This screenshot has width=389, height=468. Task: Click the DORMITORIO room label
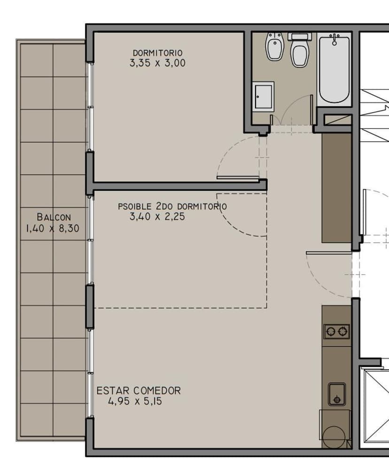(157, 53)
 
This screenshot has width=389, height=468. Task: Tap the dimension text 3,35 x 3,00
(157, 63)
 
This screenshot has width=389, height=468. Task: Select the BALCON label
(54, 217)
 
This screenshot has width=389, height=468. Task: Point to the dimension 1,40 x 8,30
(53, 229)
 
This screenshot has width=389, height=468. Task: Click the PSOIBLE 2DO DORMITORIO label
(172, 206)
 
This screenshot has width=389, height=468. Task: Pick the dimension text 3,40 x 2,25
(157, 217)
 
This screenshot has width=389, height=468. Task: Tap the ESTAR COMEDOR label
(139, 391)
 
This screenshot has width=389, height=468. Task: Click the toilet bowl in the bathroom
(300, 54)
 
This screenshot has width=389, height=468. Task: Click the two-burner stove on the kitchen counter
(337, 331)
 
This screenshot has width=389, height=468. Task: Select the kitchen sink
(337, 394)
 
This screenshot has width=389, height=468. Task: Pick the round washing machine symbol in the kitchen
(334, 436)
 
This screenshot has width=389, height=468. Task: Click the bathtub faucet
(335, 39)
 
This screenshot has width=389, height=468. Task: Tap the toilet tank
(300, 36)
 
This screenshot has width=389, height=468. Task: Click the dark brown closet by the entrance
(336, 188)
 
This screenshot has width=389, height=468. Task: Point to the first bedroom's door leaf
(238, 178)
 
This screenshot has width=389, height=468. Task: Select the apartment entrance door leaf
(329, 253)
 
